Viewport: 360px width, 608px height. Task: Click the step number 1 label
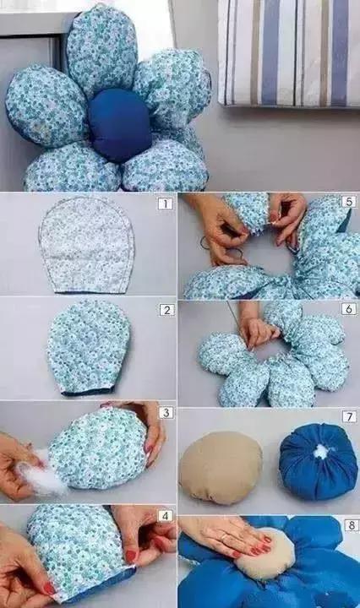166,204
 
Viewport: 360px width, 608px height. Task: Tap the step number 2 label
166,310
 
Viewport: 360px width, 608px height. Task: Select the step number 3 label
166,412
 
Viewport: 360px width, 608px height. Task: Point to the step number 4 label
166,516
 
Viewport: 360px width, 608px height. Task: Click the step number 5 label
348,202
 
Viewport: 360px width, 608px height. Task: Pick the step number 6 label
348,309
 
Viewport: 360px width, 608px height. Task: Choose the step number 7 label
349,416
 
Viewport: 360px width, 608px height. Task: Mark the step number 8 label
351,525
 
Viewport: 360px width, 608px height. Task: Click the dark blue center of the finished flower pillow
119,125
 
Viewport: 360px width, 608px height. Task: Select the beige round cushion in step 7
221,467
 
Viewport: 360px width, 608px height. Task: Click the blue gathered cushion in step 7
318,461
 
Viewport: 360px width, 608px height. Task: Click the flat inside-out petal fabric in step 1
87,244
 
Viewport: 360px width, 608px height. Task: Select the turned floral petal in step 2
89,347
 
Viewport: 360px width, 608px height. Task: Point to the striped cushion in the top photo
289,52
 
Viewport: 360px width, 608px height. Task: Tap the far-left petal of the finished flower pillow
46,106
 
